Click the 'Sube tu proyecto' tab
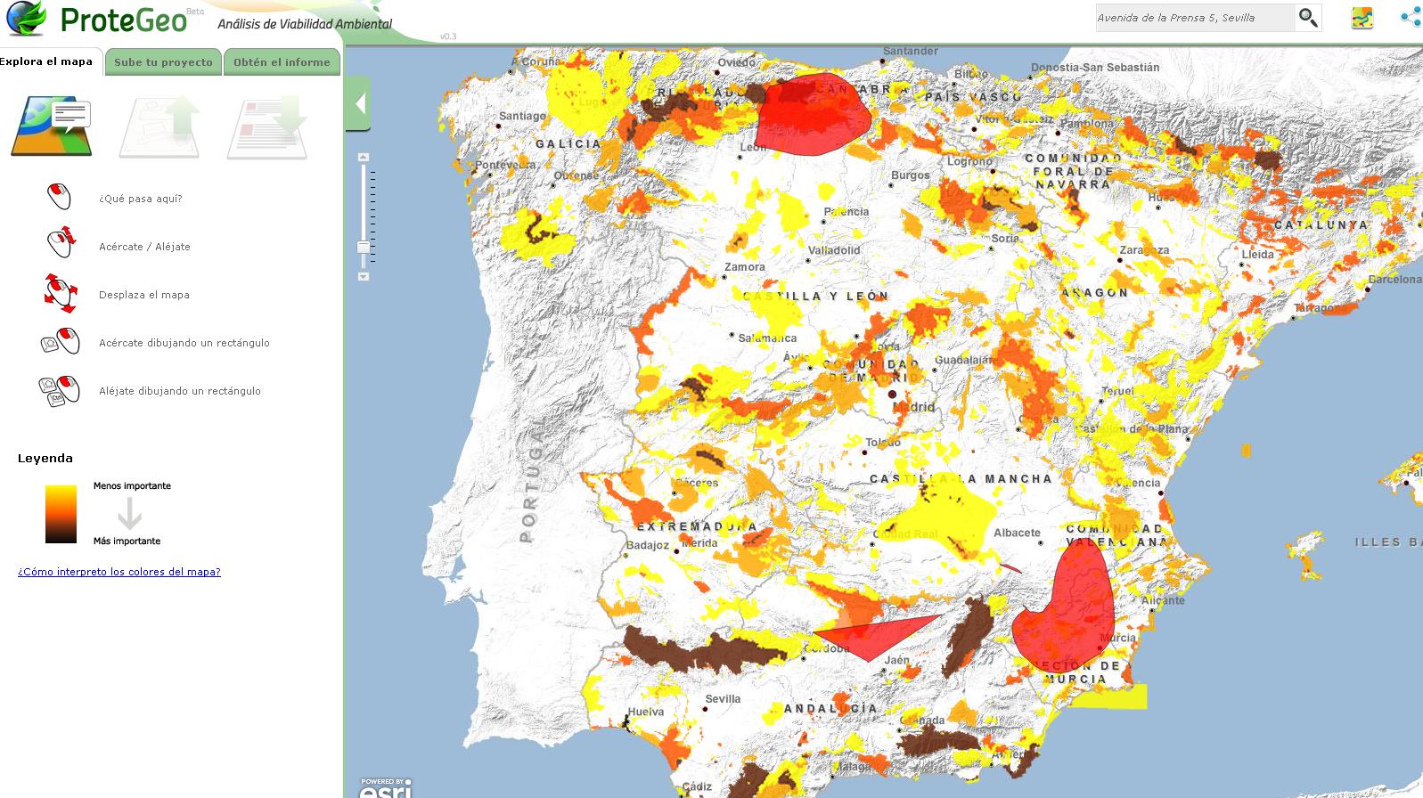(163, 62)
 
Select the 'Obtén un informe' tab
(282, 62)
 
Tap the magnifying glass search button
(1307, 18)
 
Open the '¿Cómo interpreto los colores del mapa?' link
(119, 572)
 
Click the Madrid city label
(914, 407)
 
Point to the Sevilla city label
(723, 698)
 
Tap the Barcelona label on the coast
(1394, 280)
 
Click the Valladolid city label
(834, 250)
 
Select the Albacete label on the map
(1017, 533)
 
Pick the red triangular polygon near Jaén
(869, 636)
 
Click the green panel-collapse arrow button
(359, 103)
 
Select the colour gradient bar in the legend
(61, 514)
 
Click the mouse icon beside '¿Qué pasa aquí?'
(59, 197)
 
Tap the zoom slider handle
(364, 247)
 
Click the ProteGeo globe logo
(26, 18)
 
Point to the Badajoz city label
(647, 545)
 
